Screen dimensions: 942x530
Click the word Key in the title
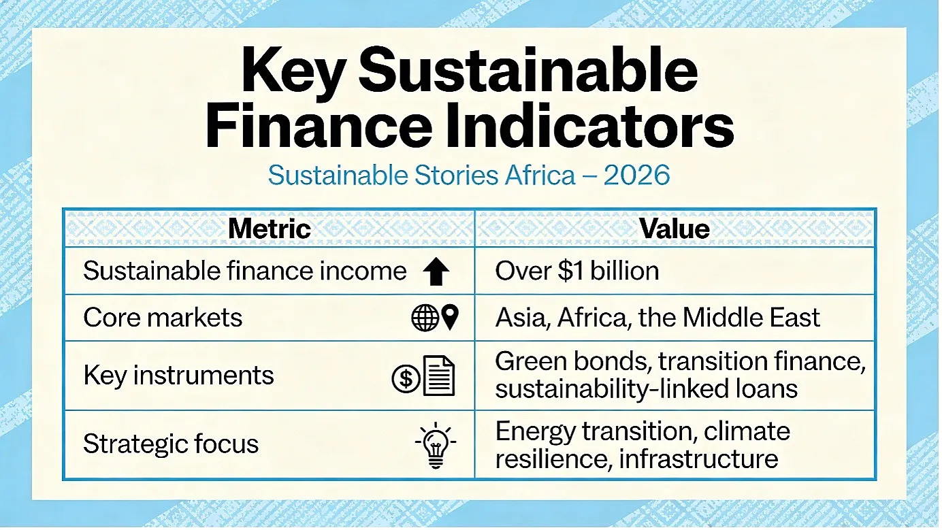293,71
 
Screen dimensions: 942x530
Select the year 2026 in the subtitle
636,176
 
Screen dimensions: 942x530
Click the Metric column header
270,229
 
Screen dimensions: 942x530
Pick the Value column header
675,229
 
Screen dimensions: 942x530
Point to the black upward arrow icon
436,271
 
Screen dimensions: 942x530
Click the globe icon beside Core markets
425,318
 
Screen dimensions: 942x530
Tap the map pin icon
451,317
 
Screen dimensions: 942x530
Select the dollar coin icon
406,379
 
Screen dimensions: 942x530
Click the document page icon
439,376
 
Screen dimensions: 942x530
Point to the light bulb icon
436,445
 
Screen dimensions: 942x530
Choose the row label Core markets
163,317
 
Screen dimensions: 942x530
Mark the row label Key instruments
178,376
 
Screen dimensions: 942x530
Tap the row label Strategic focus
171,444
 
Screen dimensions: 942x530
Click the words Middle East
751,317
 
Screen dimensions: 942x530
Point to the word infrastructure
698,459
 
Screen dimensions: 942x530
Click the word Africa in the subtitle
540,176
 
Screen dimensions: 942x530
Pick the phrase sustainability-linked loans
647,388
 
